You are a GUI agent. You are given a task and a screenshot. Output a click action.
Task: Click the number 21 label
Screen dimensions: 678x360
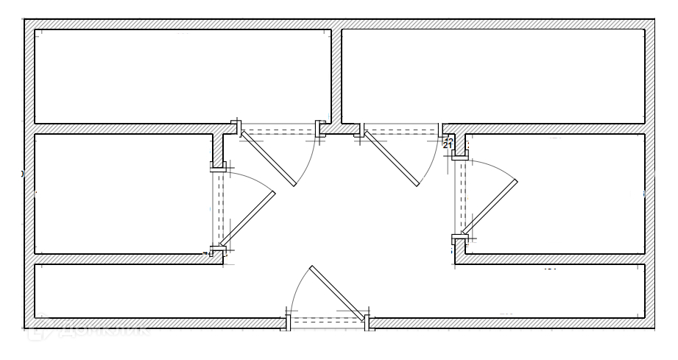[447, 145]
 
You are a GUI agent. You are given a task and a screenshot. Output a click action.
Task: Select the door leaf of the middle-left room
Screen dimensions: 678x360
[247, 218]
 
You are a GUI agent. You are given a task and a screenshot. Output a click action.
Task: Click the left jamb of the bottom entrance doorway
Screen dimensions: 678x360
[288, 322]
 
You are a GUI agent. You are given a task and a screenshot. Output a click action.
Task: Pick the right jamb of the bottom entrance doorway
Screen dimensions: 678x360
[367, 322]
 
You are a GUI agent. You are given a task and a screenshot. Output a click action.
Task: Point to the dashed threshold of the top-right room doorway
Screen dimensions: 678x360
[401, 133]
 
